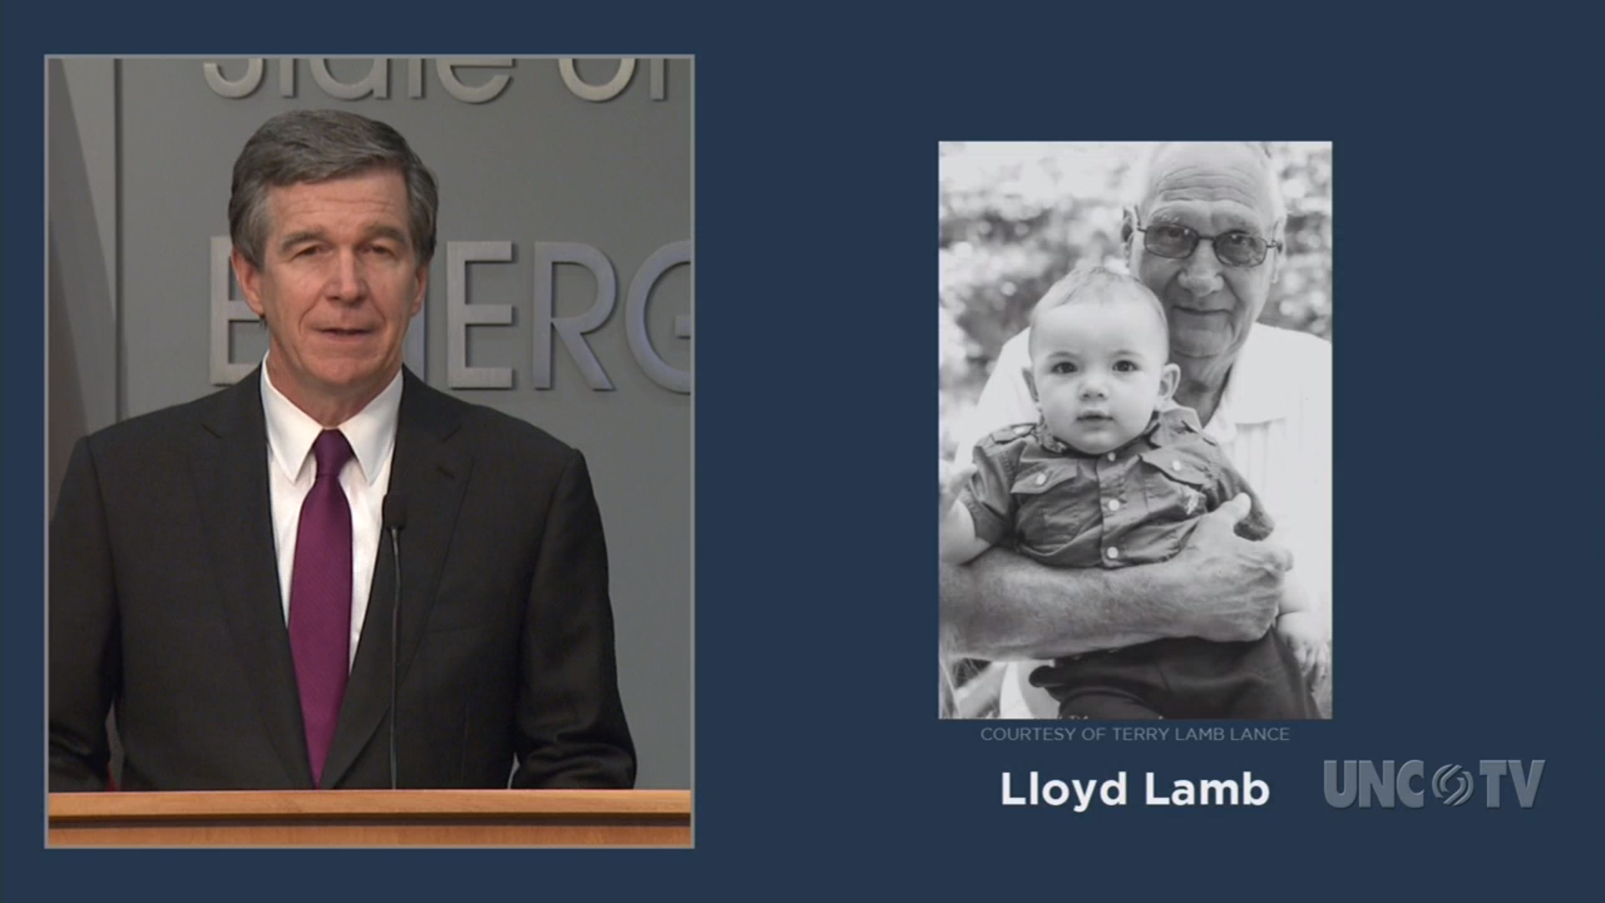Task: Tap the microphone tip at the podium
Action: click(x=394, y=511)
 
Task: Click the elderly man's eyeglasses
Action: click(x=1208, y=242)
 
